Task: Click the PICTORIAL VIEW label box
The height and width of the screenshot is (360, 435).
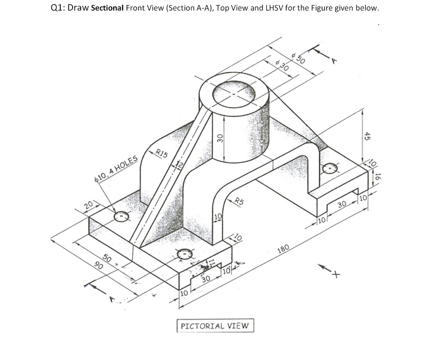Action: [215, 326]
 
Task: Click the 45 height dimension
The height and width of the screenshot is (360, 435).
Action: [368, 136]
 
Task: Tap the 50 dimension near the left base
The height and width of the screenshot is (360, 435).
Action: [107, 258]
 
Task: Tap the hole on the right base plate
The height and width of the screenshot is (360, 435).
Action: [330, 169]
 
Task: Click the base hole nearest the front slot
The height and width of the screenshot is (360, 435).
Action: [185, 254]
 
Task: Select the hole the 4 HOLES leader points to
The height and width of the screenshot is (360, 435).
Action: [121, 217]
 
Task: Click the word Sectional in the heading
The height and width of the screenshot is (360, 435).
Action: [107, 9]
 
